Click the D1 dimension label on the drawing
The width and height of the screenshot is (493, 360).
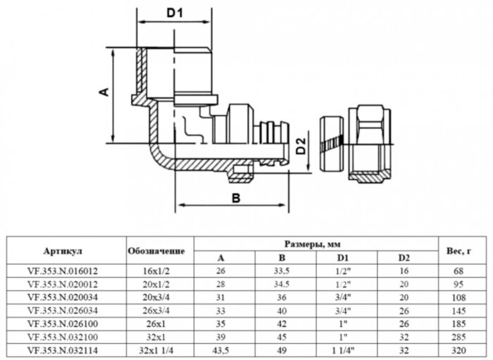(x=175, y=13)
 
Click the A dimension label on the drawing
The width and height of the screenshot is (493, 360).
(x=103, y=92)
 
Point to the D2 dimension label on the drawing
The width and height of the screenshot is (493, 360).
(x=301, y=147)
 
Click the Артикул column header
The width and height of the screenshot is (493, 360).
(x=64, y=250)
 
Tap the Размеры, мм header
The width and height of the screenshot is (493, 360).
(x=315, y=243)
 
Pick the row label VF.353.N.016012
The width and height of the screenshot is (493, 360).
(x=64, y=269)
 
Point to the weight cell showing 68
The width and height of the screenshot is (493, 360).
(x=460, y=269)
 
